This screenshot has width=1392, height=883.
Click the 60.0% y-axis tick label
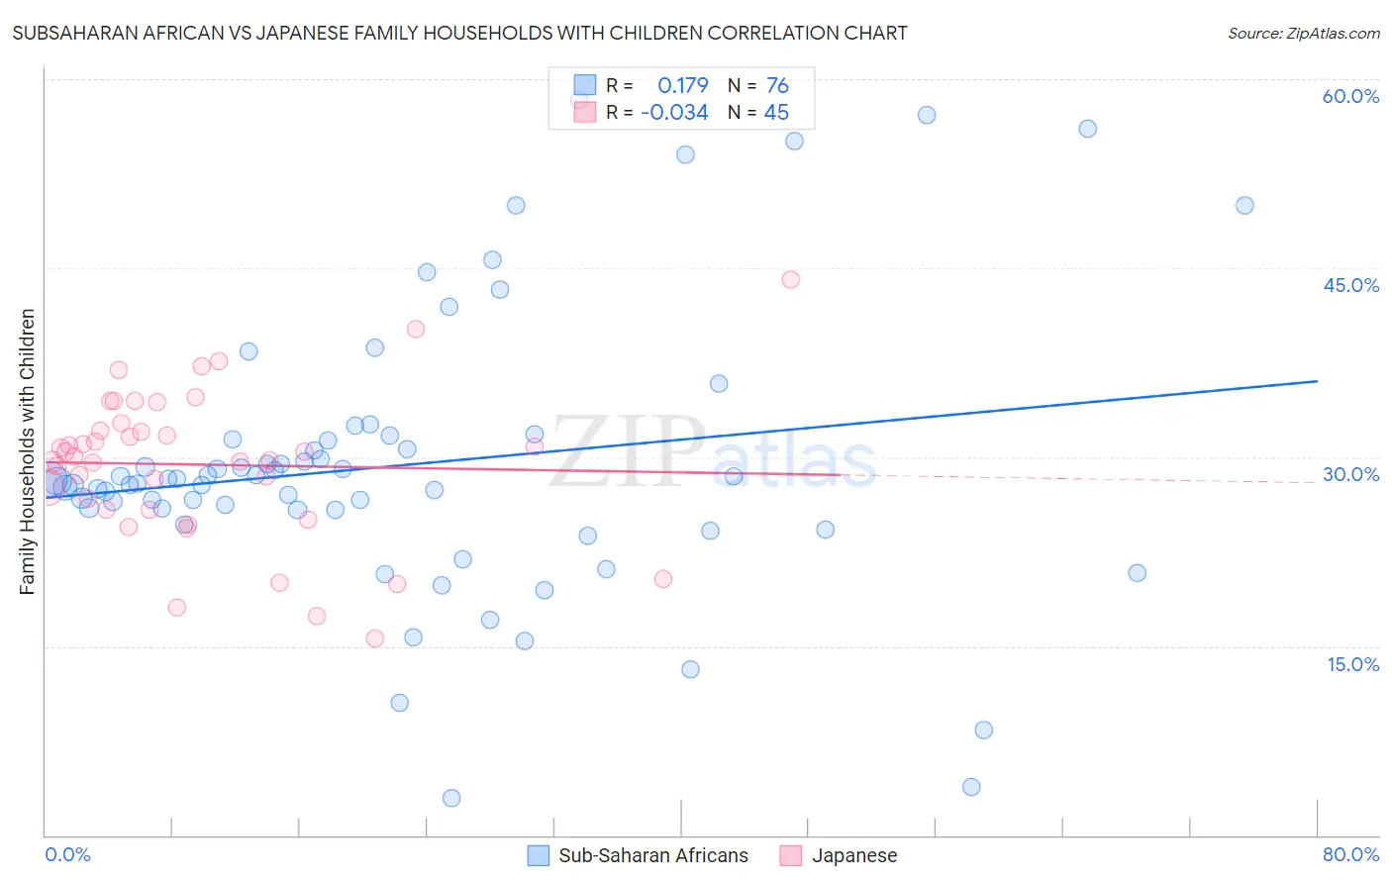(1350, 96)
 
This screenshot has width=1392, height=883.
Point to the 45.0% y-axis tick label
(1350, 285)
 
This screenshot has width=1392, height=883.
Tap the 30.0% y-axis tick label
(1350, 474)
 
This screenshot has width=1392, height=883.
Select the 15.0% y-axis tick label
(1352, 664)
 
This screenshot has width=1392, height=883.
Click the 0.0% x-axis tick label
(67, 854)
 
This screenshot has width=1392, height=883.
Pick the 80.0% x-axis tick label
(1350, 854)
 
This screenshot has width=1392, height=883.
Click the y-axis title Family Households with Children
(27, 451)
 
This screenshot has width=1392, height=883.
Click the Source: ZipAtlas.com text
(1303, 33)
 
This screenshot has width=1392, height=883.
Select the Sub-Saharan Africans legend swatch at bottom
(539, 855)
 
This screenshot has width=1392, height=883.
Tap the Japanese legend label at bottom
(853, 855)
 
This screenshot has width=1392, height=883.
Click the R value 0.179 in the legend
(683, 85)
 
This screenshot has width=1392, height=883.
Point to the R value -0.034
(674, 113)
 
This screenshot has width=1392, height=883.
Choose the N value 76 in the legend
(777, 85)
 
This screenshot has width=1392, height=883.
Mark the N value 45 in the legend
(776, 113)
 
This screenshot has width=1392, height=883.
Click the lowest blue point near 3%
(451, 798)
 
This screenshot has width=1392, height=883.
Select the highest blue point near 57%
(927, 115)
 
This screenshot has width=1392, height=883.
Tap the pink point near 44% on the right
(790, 279)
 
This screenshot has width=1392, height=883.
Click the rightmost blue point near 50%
(1244, 206)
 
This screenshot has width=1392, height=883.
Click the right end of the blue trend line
(1317, 381)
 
